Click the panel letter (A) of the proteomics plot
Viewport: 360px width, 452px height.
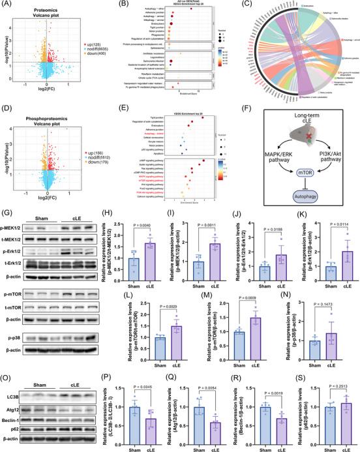click(x=8, y=5)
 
